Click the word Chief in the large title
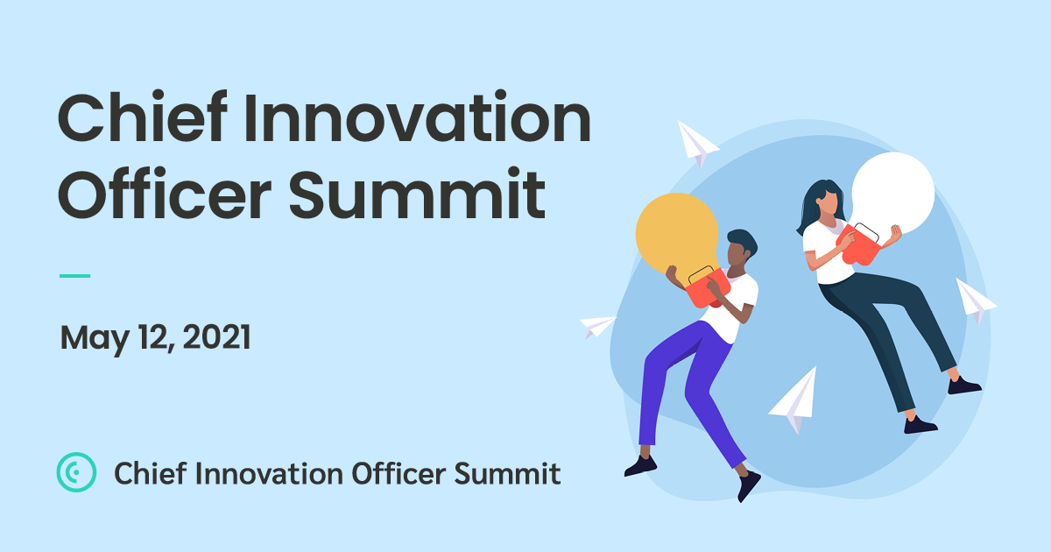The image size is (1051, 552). tap(143, 117)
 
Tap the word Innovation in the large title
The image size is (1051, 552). tap(417, 117)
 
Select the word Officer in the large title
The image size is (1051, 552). tap(165, 193)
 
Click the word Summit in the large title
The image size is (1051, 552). tap(417, 195)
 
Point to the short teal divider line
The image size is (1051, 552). tap(74, 276)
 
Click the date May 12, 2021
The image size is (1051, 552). tap(155, 338)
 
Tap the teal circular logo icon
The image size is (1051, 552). tap(76, 471)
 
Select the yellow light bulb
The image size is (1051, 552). tap(677, 235)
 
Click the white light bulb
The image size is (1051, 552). tap(892, 194)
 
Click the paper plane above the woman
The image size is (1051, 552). tap(696, 143)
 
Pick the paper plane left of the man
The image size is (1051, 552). tap(597, 326)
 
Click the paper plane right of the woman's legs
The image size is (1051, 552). tap(975, 301)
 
